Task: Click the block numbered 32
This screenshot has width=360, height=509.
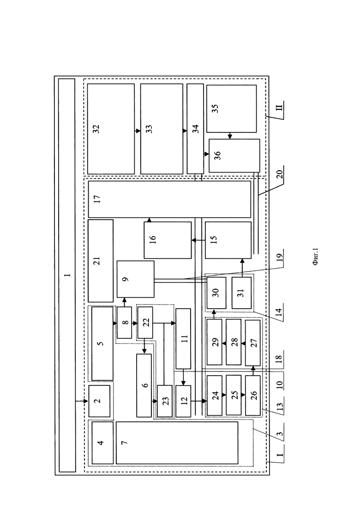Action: (111, 129)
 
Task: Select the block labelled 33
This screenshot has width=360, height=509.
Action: (162, 129)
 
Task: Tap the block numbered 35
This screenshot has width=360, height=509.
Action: (231, 109)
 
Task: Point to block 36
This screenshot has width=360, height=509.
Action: (234, 156)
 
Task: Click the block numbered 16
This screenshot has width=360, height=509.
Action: (168, 240)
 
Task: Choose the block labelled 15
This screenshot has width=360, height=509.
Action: (228, 240)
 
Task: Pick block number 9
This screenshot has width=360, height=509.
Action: (135, 279)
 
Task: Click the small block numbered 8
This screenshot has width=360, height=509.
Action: (124, 323)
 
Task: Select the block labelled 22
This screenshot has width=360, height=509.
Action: (145, 323)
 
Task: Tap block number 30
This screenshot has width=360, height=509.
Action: (216, 293)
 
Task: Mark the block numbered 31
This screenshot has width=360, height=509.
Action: (241, 293)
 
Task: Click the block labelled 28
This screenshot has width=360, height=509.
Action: (234, 342)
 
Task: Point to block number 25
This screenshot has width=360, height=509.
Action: (234, 395)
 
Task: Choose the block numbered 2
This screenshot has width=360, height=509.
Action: (99, 401)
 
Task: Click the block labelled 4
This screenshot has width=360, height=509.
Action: (102, 443)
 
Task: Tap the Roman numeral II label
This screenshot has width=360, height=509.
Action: (279, 107)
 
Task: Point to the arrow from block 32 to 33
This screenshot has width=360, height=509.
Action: (138, 131)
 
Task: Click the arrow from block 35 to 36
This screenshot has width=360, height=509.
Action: (230, 136)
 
